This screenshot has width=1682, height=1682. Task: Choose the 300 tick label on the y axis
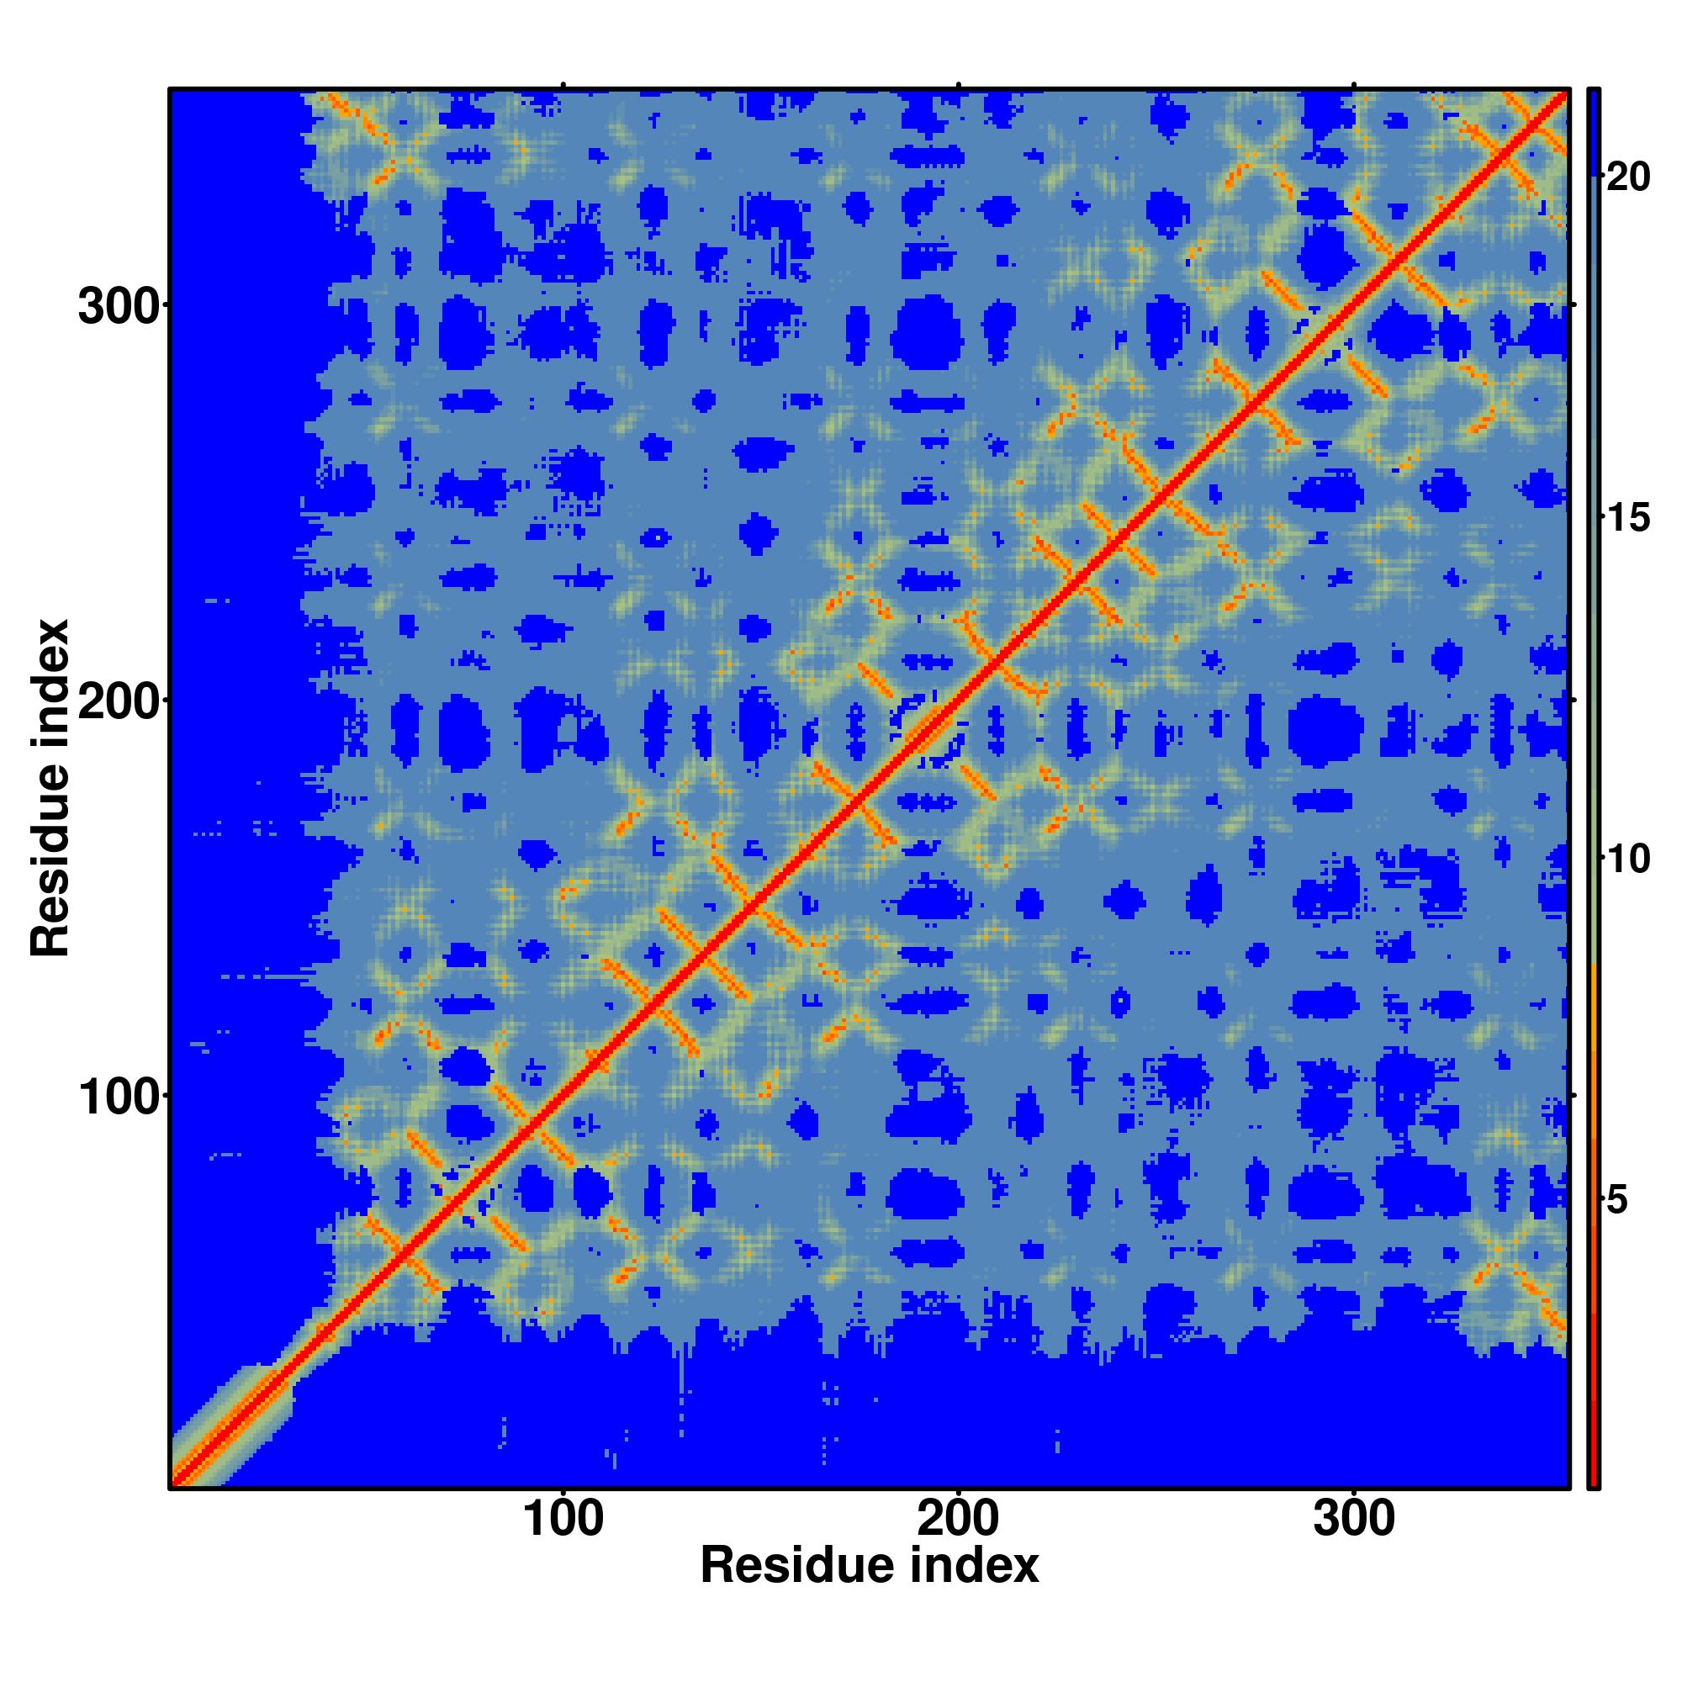[x=120, y=307]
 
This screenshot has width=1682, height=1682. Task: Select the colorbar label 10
[x=1627, y=860]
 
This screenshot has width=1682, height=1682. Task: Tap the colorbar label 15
[x=1627, y=519]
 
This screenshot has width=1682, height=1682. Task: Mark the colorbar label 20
[x=1627, y=177]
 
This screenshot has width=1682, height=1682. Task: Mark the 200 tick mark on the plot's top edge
[x=959, y=85]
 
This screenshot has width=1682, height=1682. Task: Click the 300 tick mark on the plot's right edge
[x=1574, y=304]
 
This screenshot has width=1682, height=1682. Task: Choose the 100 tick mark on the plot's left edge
[x=165, y=1095]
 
